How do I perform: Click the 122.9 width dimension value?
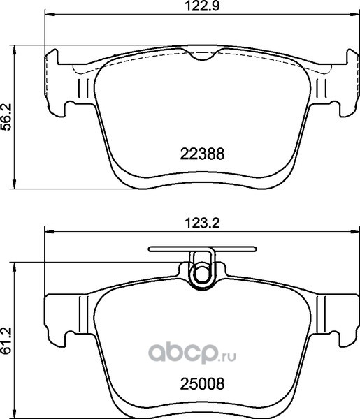(203, 6)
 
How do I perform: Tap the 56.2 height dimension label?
(6, 117)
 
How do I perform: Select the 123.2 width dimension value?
(203, 223)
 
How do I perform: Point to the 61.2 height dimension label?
(6, 341)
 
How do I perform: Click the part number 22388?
(202, 154)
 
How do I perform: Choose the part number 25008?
(202, 384)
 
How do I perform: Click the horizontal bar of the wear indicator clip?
(202, 249)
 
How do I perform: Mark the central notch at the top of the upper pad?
(202, 54)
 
